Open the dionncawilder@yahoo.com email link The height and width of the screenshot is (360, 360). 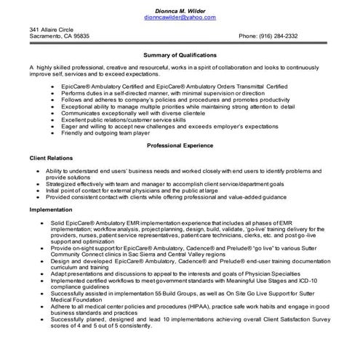click(x=180, y=16)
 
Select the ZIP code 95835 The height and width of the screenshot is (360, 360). click(x=81, y=36)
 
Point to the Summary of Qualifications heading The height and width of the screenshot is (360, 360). click(x=180, y=55)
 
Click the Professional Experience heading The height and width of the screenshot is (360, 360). click(x=180, y=145)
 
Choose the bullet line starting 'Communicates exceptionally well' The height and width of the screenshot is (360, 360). click(x=130, y=113)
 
